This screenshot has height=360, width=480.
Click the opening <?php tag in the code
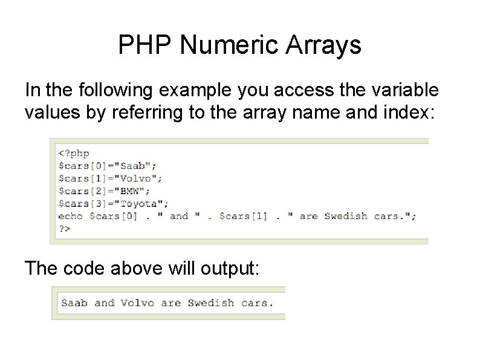point(74,154)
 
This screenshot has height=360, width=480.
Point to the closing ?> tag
point(64,230)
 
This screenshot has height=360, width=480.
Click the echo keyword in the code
point(71,217)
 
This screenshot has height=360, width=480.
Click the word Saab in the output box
point(74,303)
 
